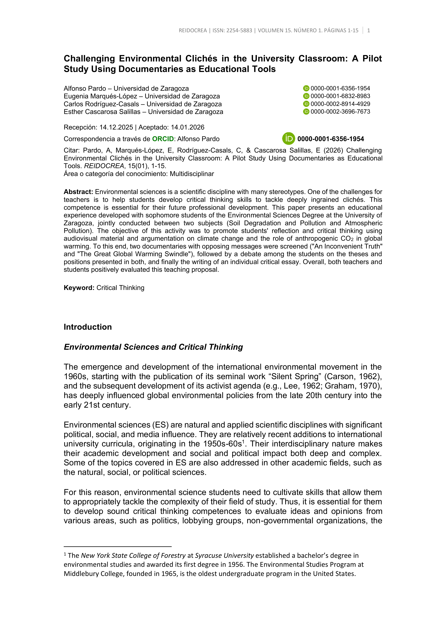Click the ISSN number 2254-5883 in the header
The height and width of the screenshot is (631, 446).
pyautogui.click(x=239, y=31)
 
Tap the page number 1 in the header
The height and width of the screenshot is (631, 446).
pyautogui.click(x=368, y=31)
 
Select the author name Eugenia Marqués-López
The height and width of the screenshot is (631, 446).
pyautogui.click(x=100, y=96)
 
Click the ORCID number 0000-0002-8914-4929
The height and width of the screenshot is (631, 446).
pyautogui.click(x=340, y=104)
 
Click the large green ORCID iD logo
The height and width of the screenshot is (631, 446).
pyautogui.click(x=288, y=139)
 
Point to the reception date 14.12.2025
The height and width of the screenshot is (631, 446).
pyautogui.click(x=116, y=127)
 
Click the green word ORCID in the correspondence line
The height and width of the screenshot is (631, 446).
pyautogui.click(x=163, y=139)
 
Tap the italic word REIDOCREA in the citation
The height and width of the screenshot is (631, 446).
pyautogui.click(x=104, y=166)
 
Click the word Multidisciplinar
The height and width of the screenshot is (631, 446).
pyautogui.click(x=192, y=174)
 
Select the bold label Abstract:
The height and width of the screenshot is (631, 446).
pyautogui.click(x=78, y=192)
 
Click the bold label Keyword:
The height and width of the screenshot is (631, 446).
pyautogui.click(x=79, y=288)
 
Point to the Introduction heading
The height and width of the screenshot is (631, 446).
pyautogui.click(x=88, y=327)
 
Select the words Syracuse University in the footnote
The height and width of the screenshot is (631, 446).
pyautogui.click(x=224, y=555)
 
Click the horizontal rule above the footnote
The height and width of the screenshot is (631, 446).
pyautogui.click(x=118, y=547)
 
